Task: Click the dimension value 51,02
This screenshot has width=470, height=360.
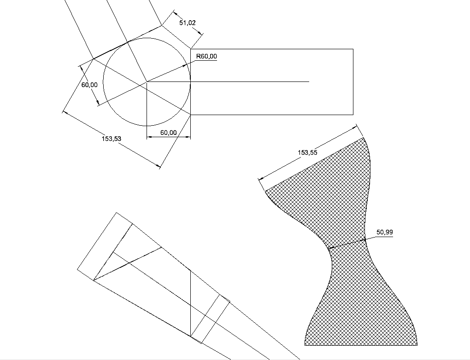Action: coord(188,23)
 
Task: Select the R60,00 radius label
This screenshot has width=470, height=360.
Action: coord(206,56)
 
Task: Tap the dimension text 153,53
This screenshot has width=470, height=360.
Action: coord(112,139)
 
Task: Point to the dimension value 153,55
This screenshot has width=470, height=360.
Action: coord(307,152)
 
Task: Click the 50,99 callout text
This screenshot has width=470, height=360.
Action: coord(385,232)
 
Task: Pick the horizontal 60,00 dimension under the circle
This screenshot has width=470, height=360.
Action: coord(169,133)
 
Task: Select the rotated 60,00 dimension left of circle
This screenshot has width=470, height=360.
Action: coord(89,85)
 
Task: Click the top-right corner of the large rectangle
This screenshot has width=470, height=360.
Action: coord(353,49)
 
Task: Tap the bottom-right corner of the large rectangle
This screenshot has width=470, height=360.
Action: coord(353,115)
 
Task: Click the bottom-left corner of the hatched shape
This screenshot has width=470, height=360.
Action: coord(305,345)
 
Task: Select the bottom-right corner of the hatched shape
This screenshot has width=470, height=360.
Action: coord(417,345)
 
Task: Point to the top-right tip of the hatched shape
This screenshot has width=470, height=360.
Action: coord(363,138)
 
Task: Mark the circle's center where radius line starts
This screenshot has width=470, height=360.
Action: coord(147,81)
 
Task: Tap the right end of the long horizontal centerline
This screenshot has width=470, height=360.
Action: coord(309,81)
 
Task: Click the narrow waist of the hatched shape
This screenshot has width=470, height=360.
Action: coord(347,244)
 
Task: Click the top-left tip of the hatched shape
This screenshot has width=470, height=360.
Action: coord(265,191)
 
